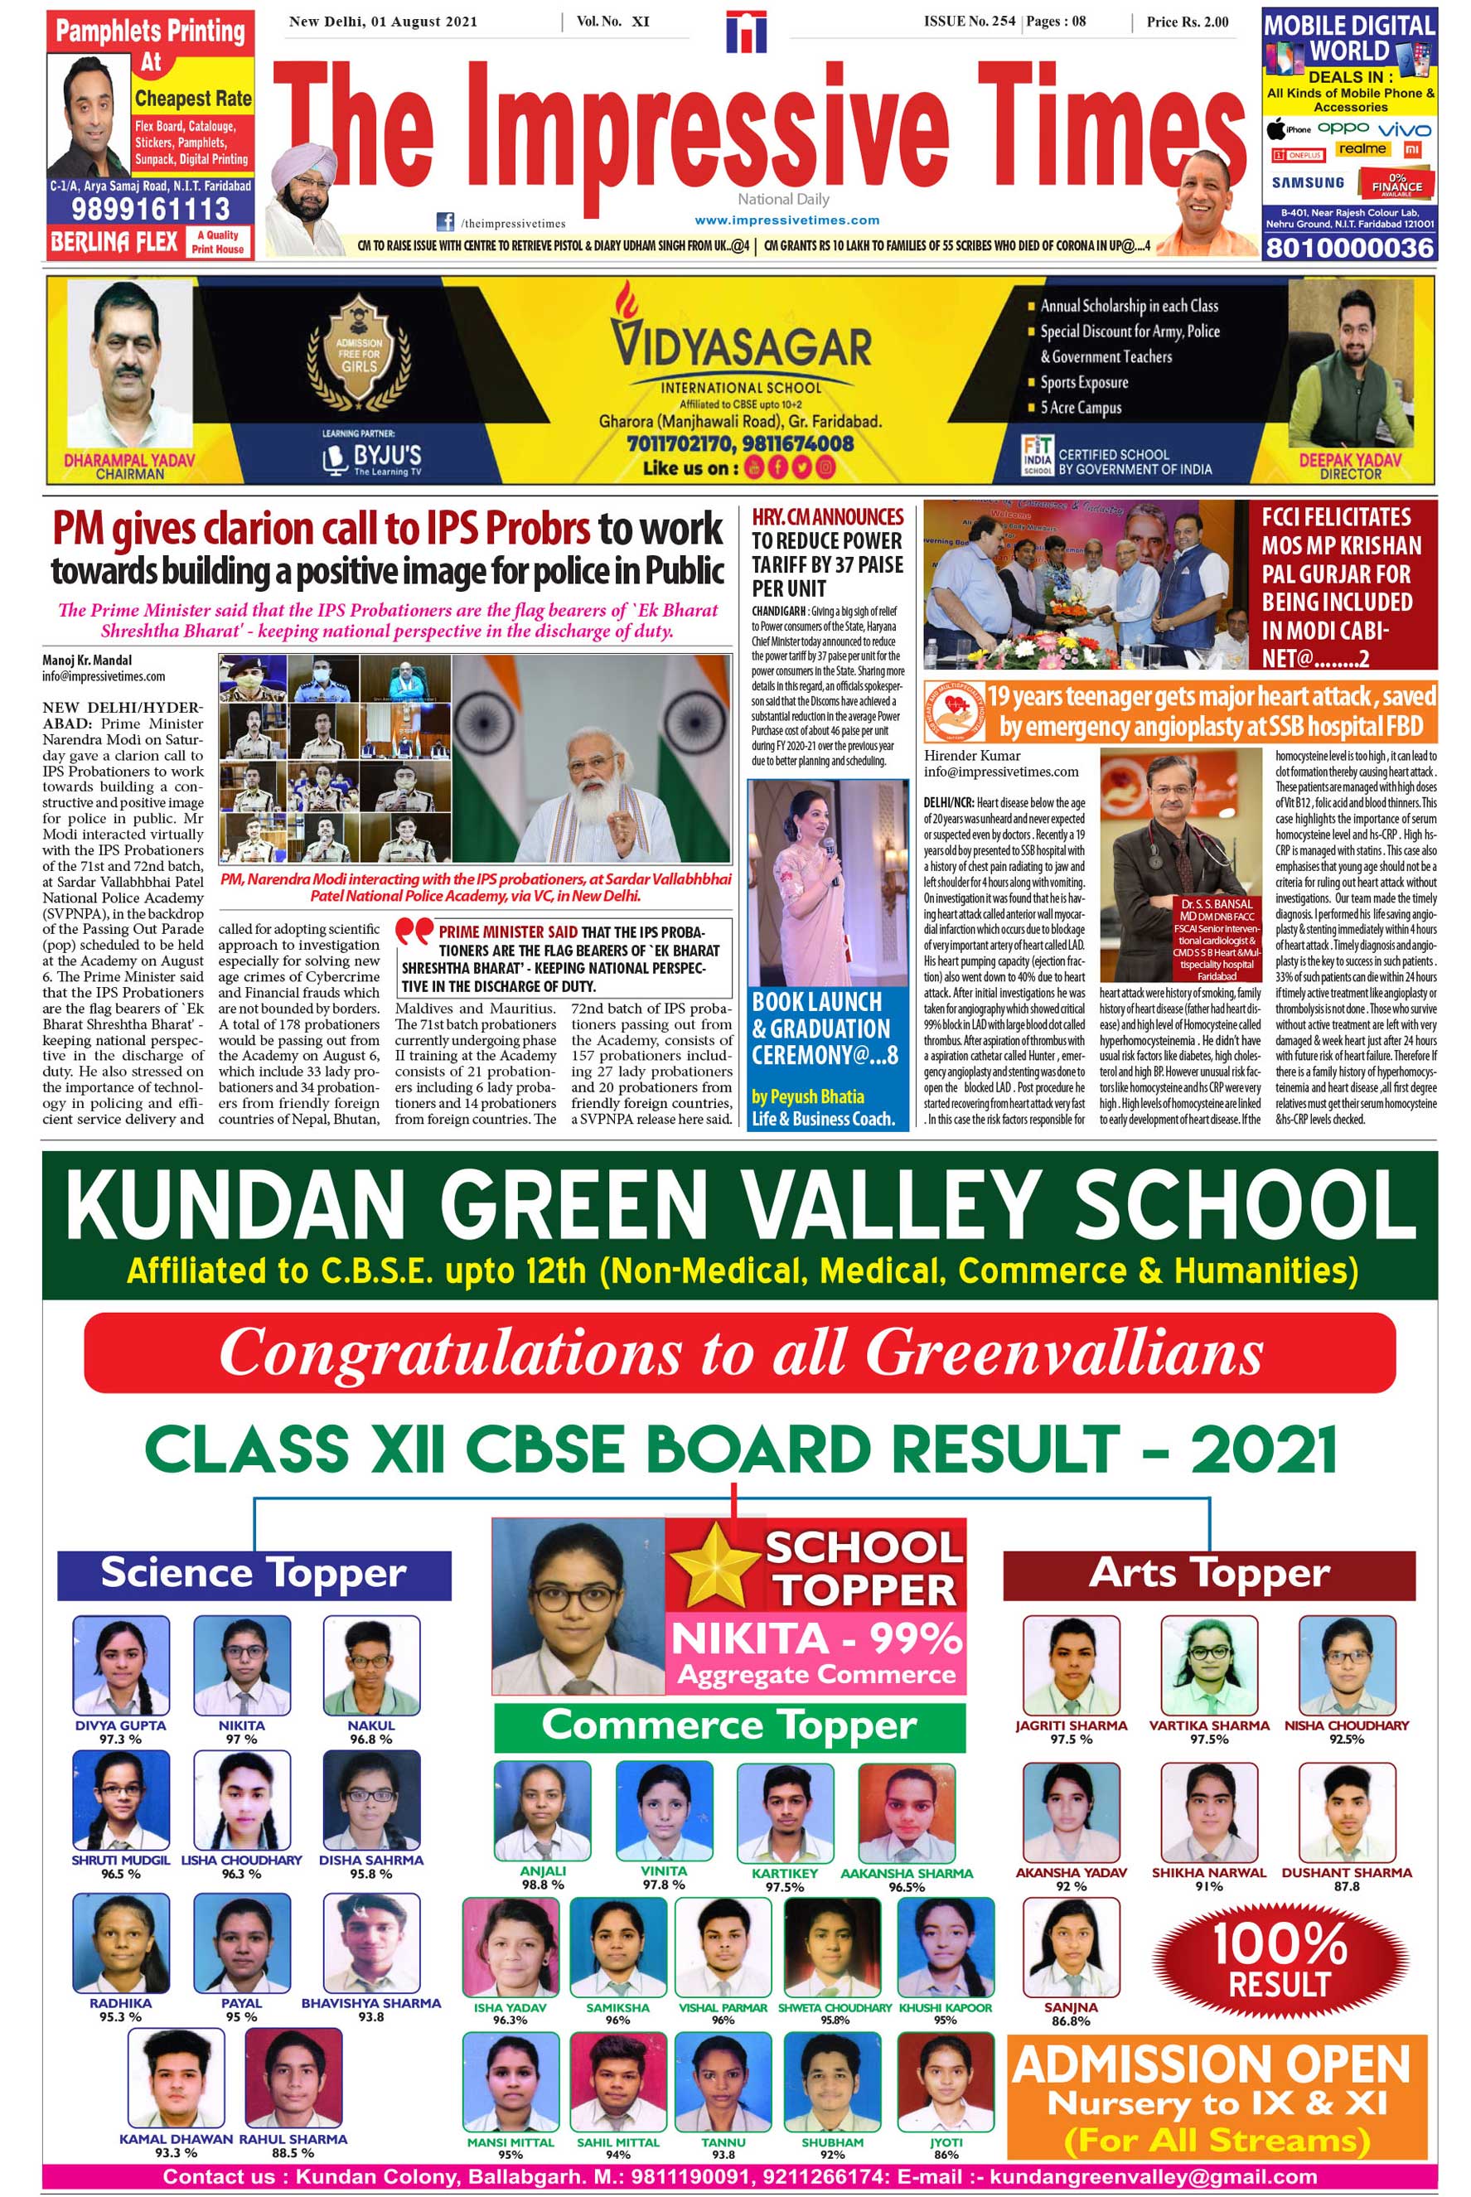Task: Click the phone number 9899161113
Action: [x=150, y=208]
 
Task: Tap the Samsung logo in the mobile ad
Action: [x=1307, y=183]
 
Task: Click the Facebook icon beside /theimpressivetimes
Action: [x=446, y=222]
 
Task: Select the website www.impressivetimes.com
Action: [x=786, y=220]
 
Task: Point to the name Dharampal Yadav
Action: [x=129, y=460]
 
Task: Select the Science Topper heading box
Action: [x=254, y=1574]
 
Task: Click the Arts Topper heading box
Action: [x=1208, y=1574]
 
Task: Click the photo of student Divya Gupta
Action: [x=121, y=1665]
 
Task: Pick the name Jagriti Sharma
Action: [x=1071, y=1725]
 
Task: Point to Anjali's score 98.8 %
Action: [x=542, y=1884]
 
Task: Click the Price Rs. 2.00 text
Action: [x=1187, y=22]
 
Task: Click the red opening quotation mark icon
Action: [x=413, y=932]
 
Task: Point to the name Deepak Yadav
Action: [x=1349, y=460]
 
